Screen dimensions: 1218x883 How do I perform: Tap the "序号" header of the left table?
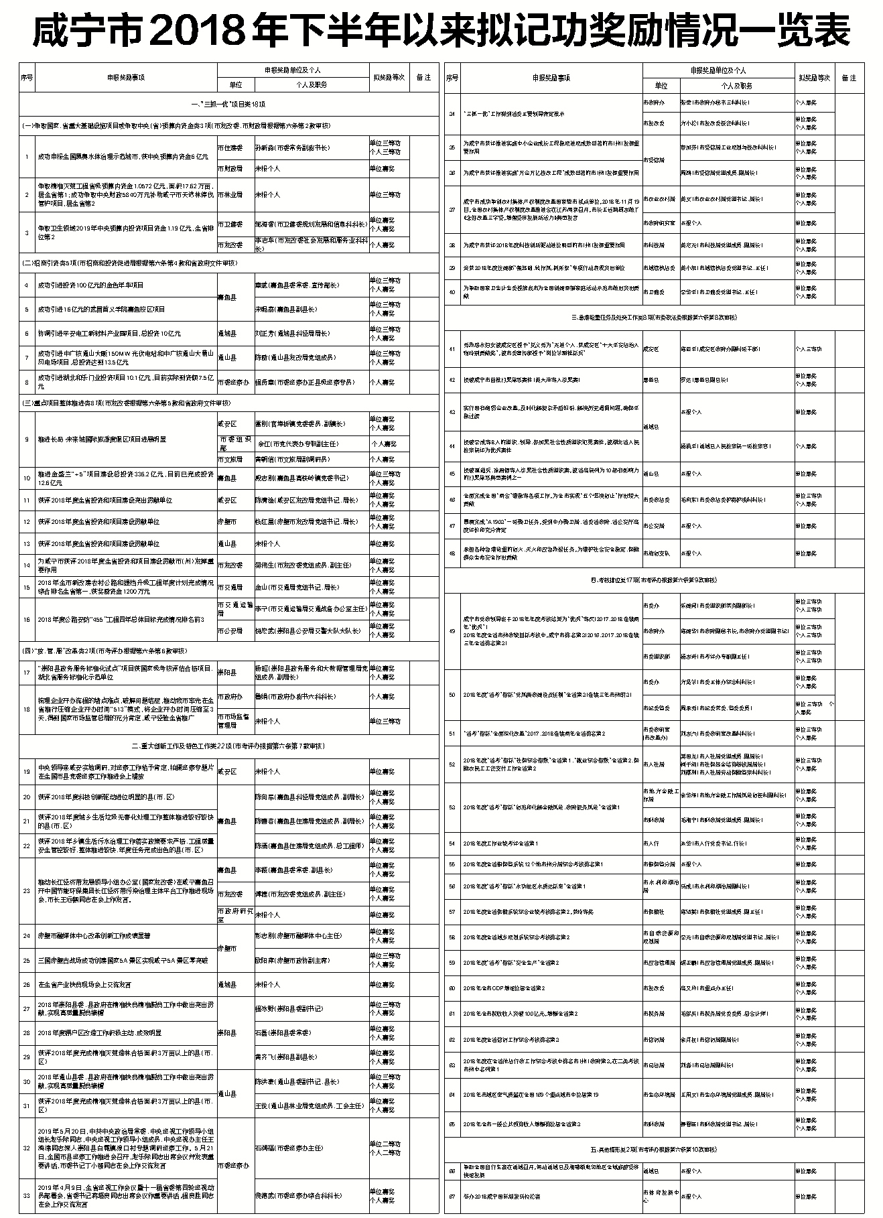[x=27, y=77]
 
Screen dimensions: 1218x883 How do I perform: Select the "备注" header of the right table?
[x=849, y=78]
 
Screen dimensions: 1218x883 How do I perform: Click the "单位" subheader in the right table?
[x=661, y=86]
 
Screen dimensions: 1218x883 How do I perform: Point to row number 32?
[x=27, y=1148]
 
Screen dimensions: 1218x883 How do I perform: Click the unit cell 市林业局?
[x=230, y=195]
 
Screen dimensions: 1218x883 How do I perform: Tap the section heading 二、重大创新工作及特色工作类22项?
[x=228, y=746]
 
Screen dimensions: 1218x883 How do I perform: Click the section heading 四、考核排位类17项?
[x=654, y=580]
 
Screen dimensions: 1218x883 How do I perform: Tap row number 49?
[x=452, y=631]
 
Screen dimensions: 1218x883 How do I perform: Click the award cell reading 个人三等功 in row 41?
[x=810, y=349]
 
